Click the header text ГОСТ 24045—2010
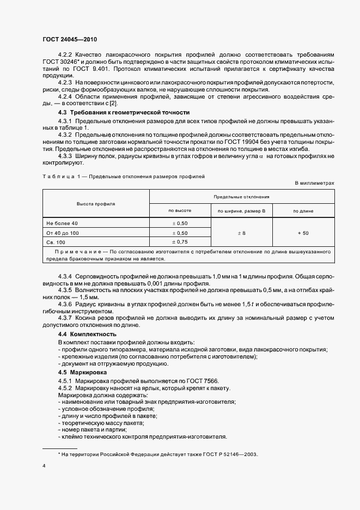point(70,40)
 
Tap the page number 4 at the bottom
point(44,466)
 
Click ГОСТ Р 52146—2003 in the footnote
point(225,454)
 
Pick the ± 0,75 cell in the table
point(179,241)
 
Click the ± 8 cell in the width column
point(241,233)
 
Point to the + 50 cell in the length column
point(303,233)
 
